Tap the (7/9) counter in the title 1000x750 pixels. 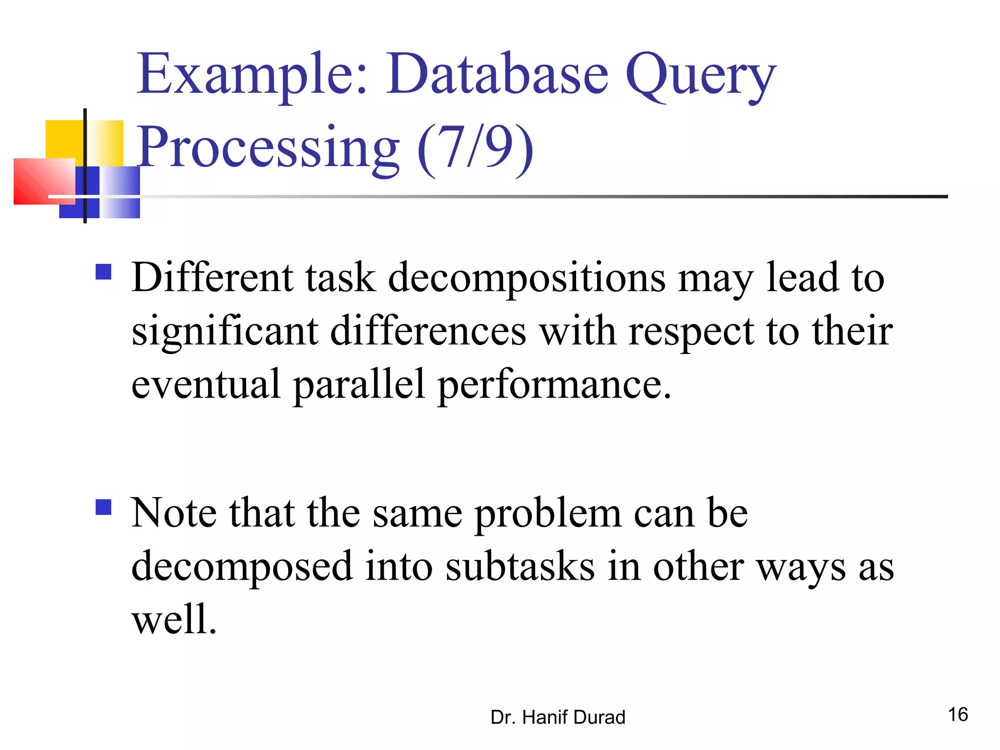point(475,146)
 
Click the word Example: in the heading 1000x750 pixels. point(252,74)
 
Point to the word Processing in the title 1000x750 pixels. point(268,147)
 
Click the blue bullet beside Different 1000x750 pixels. point(104,271)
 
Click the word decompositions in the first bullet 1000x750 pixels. point(526,279)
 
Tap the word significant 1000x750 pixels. point(225,332)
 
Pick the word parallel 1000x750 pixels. point(359,385)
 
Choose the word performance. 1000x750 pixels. point(555,385)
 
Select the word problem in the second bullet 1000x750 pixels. point(547,514)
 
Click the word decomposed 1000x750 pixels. point(242,567)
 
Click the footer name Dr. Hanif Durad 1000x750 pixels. point(558,717)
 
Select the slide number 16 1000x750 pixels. point(958,715)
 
